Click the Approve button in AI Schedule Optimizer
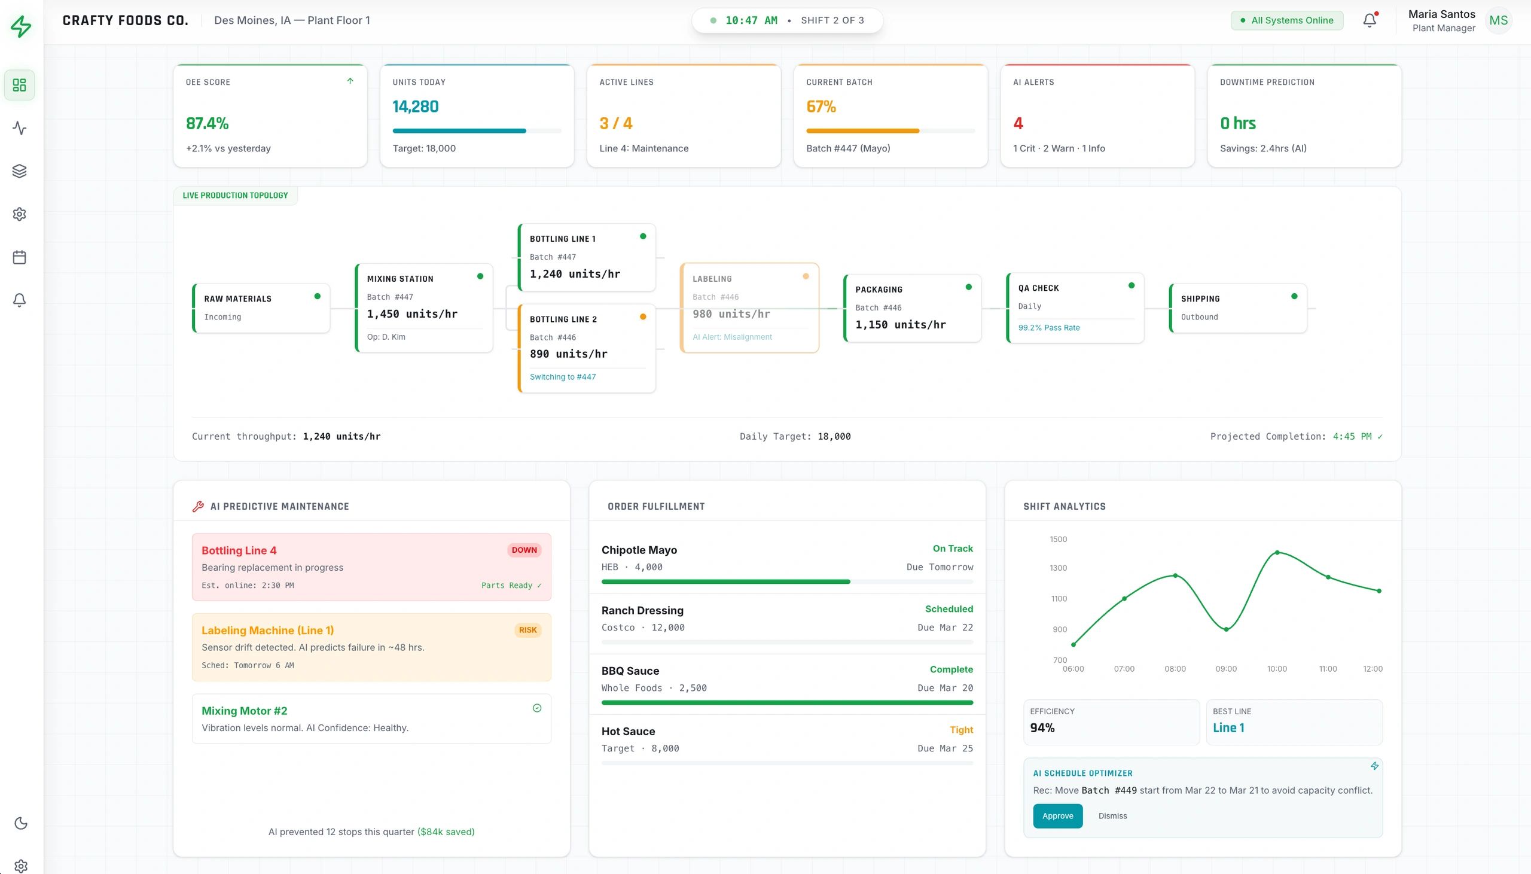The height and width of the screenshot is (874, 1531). click(x=1057, y=816)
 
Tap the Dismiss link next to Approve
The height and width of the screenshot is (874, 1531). click(x=1112, y=816)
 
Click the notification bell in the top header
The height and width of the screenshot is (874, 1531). click(x=1369, y=20)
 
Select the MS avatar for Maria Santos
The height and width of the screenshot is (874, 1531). click(x=1498, y=20)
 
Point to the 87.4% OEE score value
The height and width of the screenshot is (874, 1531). click(x=207, y=123)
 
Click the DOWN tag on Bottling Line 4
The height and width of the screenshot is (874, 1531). click(x=524, y=550)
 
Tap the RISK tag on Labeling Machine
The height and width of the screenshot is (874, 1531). click(x=527, y=630)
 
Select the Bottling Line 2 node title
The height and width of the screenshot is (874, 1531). click(x=563, y=319)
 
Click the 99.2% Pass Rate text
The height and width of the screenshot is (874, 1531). click(x=1048, y=328)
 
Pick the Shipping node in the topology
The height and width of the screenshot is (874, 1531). click(x=1237, y=308)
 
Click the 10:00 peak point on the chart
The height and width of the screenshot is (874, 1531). click(x=1277, y=552)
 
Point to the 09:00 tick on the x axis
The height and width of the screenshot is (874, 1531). click(x=1225, y=669)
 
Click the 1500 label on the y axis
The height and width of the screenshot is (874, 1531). click(x=1059, y=539)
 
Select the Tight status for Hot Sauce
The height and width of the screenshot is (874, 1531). click(x=961, y=730)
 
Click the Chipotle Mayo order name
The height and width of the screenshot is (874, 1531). click(x=639, y=550)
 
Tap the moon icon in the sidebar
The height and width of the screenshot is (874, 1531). click(x=20, y=823)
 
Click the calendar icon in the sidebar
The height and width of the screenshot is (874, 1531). click(x=19, y=257)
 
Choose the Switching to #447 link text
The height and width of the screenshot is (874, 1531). click(x=562, y=377)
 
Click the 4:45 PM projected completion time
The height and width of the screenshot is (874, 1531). click(x=1352, y=436)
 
